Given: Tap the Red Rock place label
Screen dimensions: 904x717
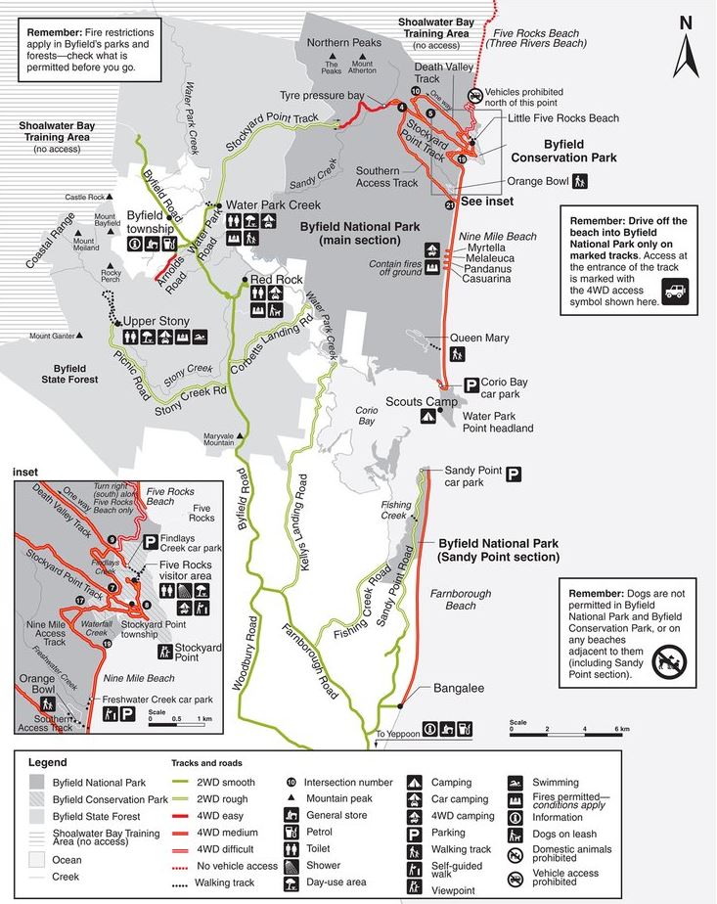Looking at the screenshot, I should point(277,279).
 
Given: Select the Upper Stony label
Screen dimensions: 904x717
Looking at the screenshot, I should point(155,321).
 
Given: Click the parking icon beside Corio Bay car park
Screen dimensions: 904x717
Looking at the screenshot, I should point(471,384).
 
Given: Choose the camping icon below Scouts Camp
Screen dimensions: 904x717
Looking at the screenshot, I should point(427,417).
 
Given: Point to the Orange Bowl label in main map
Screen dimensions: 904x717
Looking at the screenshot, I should point(537,181).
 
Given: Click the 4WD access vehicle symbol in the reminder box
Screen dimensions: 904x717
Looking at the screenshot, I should point(675,290).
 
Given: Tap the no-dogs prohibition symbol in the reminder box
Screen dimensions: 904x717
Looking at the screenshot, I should point(670,661).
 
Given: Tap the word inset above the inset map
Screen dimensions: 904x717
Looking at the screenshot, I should point(26,472).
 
